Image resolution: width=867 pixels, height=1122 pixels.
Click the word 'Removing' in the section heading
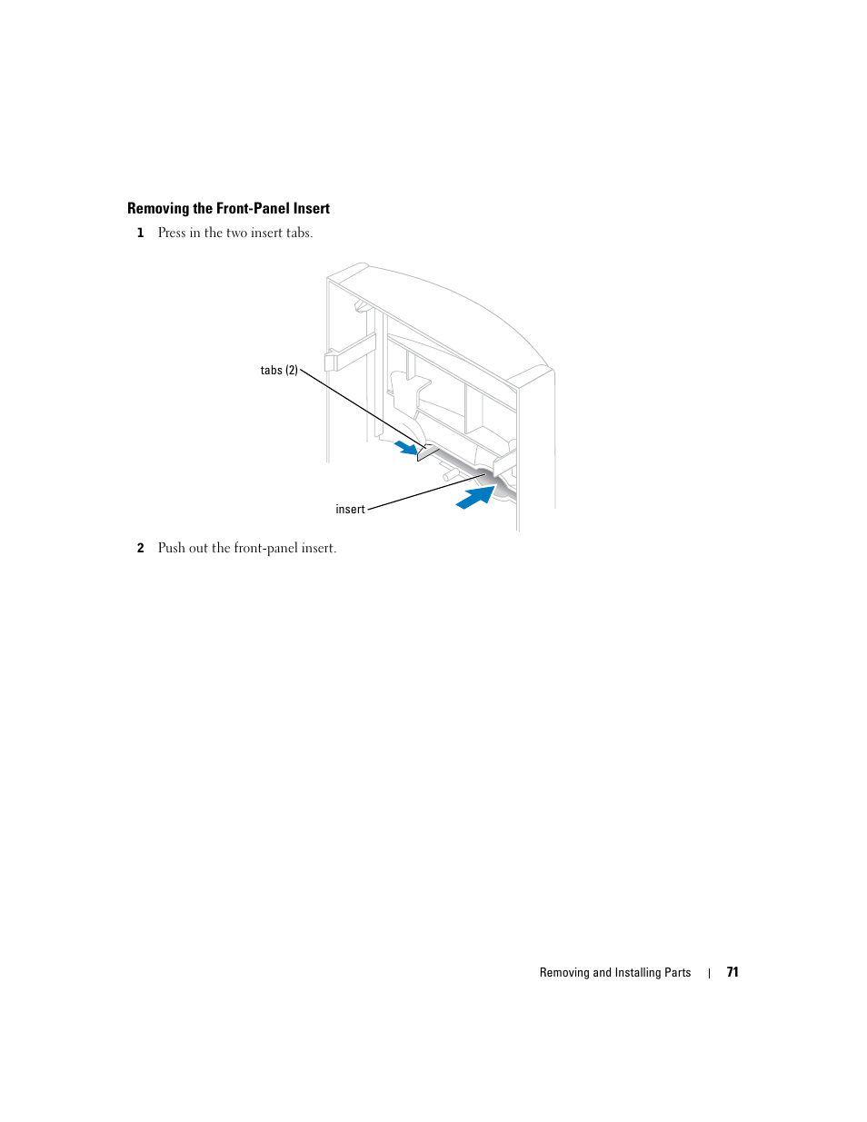(x=158, y=209)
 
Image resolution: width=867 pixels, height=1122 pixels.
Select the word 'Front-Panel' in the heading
(x=253, y=209)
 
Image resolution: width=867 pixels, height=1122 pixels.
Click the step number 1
(x=140, y=233)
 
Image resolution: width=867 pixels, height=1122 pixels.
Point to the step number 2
(x=140, y=549)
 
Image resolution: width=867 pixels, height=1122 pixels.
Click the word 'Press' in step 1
(x=172, y=233)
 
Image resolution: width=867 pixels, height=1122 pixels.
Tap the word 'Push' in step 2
(x=171, y=549)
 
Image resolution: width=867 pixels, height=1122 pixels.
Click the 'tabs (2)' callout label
(x=279, y=371)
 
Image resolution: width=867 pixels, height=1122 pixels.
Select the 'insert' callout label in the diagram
(x=350, y=510)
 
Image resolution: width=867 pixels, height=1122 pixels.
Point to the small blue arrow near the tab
(x=406, y=447)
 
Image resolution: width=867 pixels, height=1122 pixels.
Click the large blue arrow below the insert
(x=475, y=498)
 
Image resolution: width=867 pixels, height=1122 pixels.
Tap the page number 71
(x=732, y=972)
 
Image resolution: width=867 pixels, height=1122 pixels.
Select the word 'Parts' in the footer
(x=678, y=973)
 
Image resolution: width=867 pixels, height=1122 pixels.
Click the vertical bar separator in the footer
(x=709, y=973)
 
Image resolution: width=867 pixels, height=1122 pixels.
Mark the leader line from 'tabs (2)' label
(x=359, y=409)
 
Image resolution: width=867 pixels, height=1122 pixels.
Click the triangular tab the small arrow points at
(x=426, y=452)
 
